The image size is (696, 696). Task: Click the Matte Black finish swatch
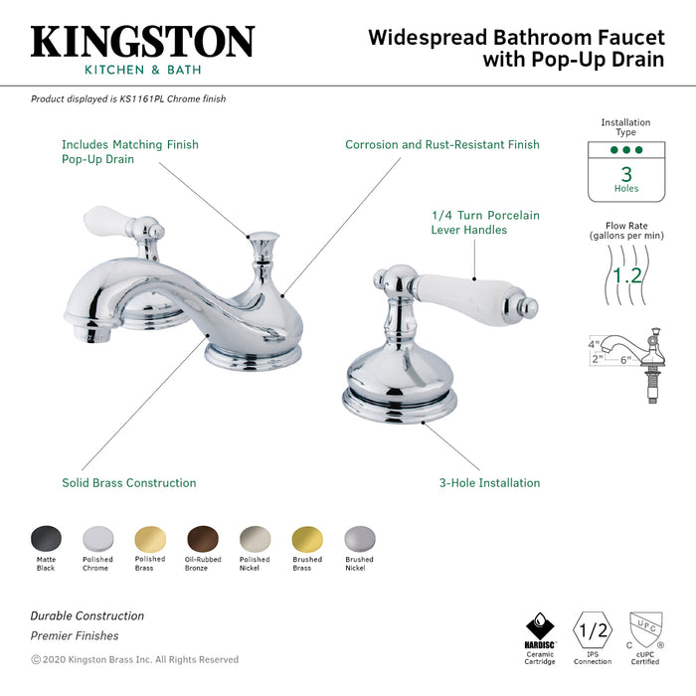[46, 538]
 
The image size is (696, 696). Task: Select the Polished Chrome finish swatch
[98, 538]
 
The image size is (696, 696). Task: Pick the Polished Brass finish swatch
[150, 538]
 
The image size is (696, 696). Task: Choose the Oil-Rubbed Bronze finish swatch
[203, 538]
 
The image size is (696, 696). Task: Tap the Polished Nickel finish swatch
[255, 538]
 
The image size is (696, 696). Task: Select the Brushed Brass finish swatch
[307, 538]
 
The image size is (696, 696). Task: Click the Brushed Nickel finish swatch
[359, 538]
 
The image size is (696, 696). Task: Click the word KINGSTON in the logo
[142, 41]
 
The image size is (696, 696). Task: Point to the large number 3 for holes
[626, 174]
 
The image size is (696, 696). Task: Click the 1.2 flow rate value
[626, 275]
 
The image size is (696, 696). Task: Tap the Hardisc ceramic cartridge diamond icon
[540, 628]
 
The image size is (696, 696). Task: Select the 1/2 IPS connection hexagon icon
[594, 629]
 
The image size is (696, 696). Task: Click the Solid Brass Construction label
[128, 483]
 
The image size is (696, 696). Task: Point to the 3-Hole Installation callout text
[490, 483]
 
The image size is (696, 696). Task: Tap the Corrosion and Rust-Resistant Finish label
[442, 145]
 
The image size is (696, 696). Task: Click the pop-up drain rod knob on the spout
[262, 242]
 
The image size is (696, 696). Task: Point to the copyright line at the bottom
[134, 659]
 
